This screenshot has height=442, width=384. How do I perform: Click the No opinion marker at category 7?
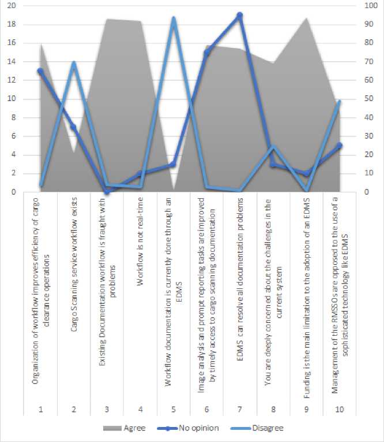click(239, 15)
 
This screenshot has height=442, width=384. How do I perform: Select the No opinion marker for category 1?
click(40, 71)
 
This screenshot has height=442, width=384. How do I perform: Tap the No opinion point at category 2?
click(73, 127)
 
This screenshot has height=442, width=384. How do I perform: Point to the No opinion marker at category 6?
click(206, 53)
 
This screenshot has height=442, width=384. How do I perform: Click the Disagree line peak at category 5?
click(173, 18)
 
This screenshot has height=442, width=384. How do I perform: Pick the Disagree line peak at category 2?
click(73, 63)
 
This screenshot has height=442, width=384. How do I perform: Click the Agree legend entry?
click(125, 428)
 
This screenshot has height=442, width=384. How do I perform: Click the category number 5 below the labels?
click(173, 409)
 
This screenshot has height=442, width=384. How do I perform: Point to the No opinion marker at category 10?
click(339, 146)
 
